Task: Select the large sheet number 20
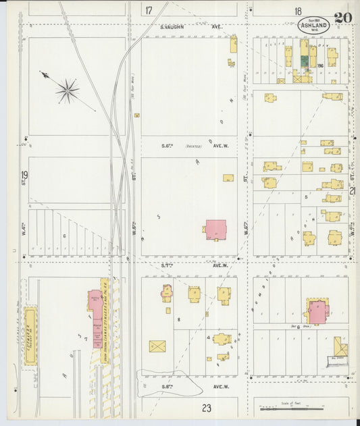tap(342, 18)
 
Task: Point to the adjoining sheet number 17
tap(148, 9)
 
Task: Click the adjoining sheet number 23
tap(206, 407)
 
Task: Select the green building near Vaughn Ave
tap(304, 61)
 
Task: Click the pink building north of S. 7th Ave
tap(215, 229)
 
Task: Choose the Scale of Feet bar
tap(292, 408)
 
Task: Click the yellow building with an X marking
tap(157, 346)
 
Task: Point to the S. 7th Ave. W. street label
tap(191, 266)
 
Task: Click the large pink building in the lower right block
tap(317, 312)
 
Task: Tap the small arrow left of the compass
tap(44, 75)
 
